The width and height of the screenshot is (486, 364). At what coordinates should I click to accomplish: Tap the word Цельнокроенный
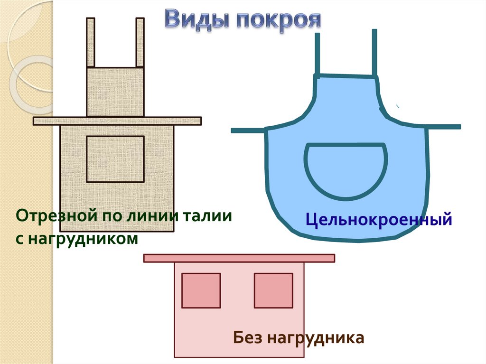(x=378, y=220)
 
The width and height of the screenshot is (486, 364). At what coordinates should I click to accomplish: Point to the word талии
(x=208, y=216)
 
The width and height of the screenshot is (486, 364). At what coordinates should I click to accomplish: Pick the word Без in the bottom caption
(x=247, y=338)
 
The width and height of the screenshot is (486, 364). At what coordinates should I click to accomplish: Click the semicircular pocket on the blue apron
(x=346, y=168)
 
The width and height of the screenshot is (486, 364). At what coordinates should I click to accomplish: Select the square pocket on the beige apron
(x=115, y=159)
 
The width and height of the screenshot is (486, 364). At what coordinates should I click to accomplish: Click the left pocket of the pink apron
(x=201, y=290)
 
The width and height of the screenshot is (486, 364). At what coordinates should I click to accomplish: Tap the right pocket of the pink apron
(x=273, y=290)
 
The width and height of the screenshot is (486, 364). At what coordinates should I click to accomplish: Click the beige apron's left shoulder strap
(x=90, y=43)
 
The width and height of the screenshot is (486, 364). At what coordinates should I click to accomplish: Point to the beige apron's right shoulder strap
(x=140, y=43)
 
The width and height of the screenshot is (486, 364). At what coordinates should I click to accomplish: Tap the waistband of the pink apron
(x=239, y=258)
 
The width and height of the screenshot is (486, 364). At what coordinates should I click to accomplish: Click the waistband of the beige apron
(x=117, y=121)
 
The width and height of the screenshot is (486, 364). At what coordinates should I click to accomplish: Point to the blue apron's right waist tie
(x=444, y=127)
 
